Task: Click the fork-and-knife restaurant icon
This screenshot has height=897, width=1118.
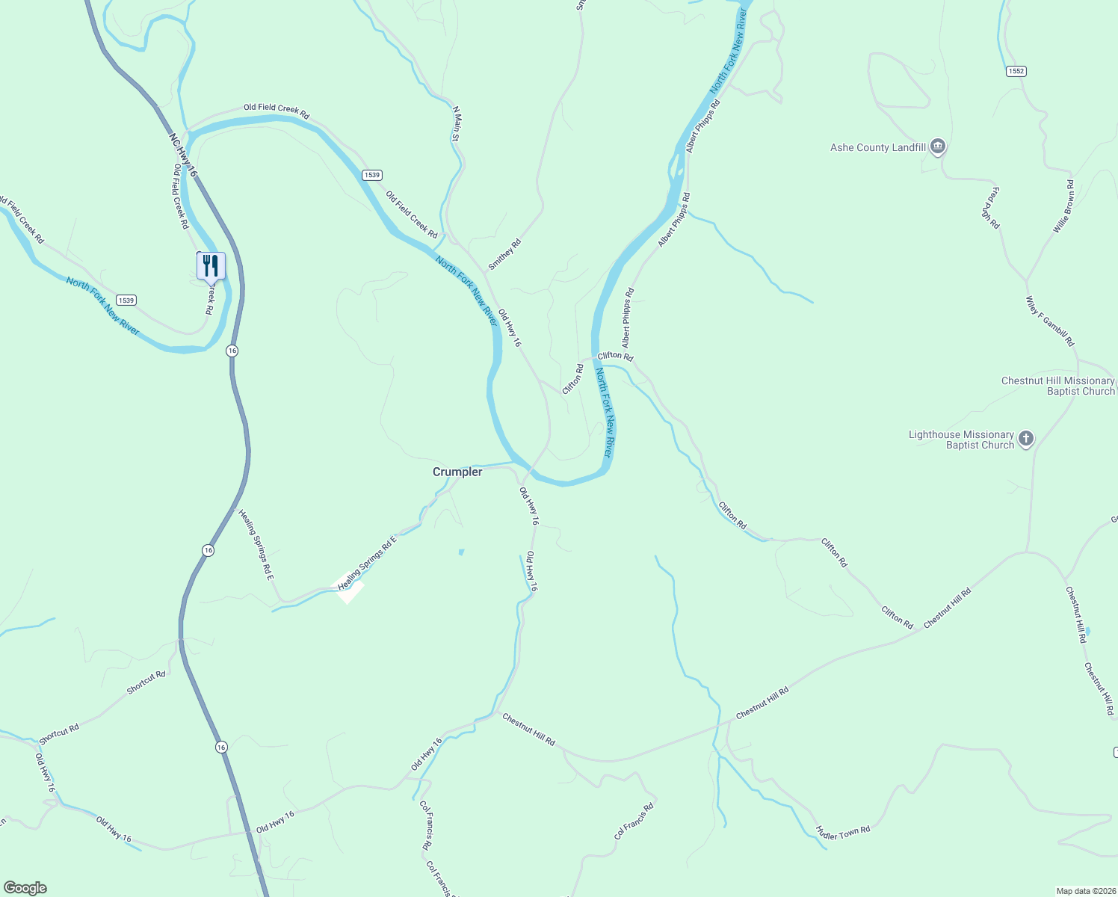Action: [x=211, y=265]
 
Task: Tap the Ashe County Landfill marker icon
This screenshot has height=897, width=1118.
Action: [x=938, y=147]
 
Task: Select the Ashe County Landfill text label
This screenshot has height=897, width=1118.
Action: [x=878, y=148]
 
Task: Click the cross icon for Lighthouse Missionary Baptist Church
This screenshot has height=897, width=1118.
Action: [x=1026, y=439]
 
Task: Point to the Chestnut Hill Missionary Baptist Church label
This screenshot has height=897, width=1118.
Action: [x=1057, y=386]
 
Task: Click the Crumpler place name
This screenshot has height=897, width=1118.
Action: [x=457, y=472]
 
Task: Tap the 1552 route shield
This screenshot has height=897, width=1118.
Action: [x=1016, y=71]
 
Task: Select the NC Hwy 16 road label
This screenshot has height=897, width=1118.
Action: [x=183, y=155]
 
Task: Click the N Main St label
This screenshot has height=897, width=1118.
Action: [x=457, y=123]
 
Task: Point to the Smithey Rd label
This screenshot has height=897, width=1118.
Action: [x=504, y=254]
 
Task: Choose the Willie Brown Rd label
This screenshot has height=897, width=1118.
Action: [x=1063, y=206]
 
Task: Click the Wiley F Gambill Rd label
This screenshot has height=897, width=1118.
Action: [x=1050, y=321]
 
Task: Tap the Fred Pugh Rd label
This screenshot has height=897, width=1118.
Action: [x=991, y=208]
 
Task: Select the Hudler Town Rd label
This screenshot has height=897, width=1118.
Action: [x=843, y=832]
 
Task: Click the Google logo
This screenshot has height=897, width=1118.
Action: [x=25, y=888]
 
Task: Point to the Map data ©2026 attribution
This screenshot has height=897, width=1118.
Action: [x=1085, y=891]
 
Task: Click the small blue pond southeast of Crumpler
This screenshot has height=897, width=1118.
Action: [x=461, y=552]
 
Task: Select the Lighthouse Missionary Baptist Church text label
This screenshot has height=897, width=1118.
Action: [x=961, y=440]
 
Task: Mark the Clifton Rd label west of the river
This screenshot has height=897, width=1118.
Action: [x=573, y=379]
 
